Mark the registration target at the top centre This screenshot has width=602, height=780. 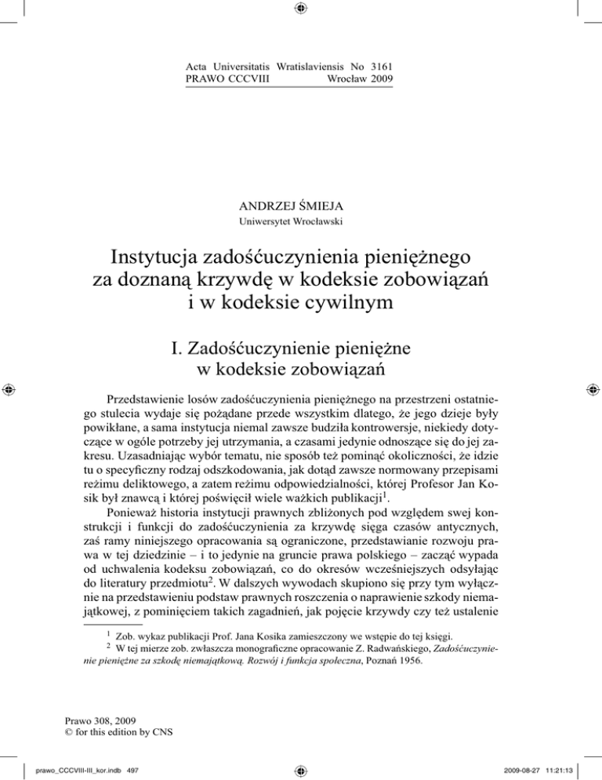pyautogui.click(x=301, y=10)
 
